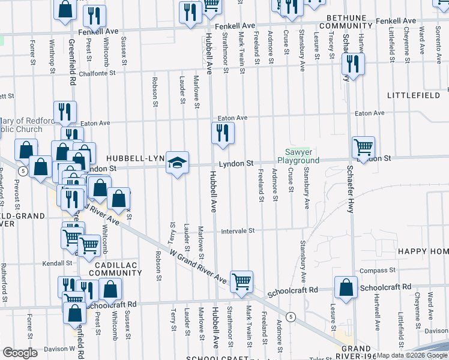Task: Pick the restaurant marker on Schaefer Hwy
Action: coord(352,64)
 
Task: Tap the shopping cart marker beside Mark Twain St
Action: coord(241,281)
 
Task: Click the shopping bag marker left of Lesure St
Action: coord(347,287)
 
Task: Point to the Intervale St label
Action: coord(238,231)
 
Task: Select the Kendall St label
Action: coord(57,263)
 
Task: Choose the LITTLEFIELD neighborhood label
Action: coord(414,95)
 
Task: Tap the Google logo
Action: coord(21,353)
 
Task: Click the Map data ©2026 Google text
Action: coord(412,355)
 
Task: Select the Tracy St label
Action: coord(331,43)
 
